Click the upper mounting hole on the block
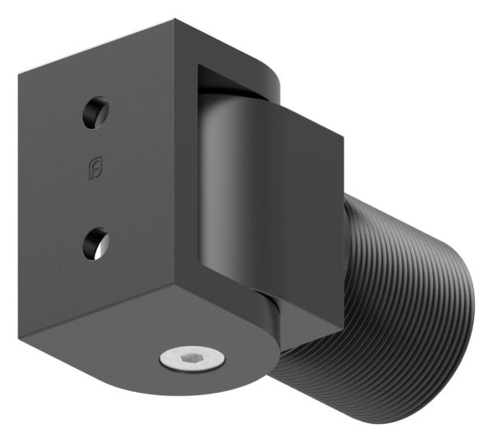click(x=95, y=112)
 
